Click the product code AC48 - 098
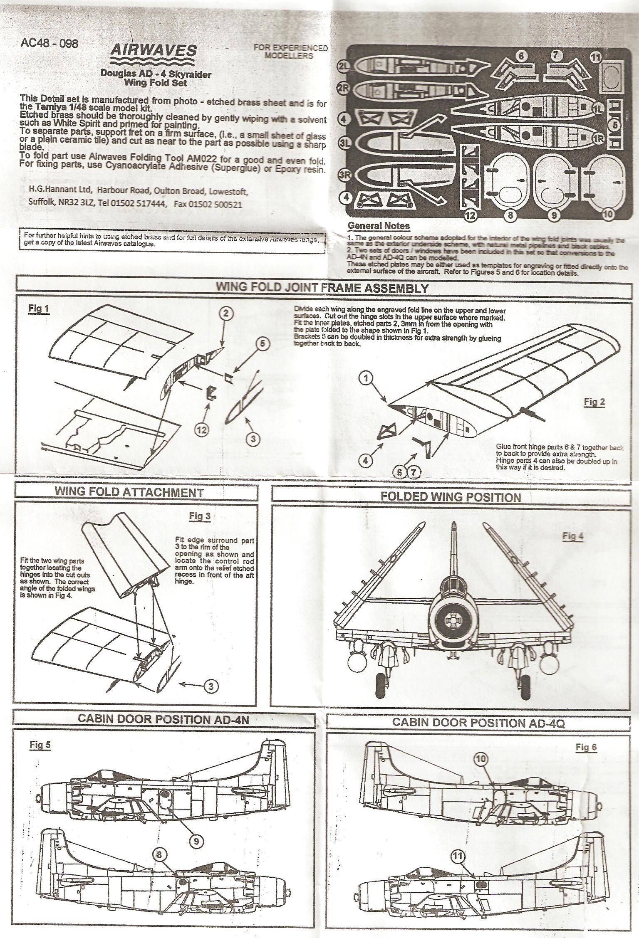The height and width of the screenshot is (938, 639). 49,44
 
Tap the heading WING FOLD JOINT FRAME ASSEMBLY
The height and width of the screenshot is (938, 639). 322,288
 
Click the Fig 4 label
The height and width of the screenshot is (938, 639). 573,536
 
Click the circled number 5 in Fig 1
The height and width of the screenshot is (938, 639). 263,343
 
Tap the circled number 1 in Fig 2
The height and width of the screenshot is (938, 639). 367,378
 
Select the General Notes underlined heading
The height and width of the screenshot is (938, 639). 378,226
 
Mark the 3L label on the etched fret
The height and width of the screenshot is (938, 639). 345,143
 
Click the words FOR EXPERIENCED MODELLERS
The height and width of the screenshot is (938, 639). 290,52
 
